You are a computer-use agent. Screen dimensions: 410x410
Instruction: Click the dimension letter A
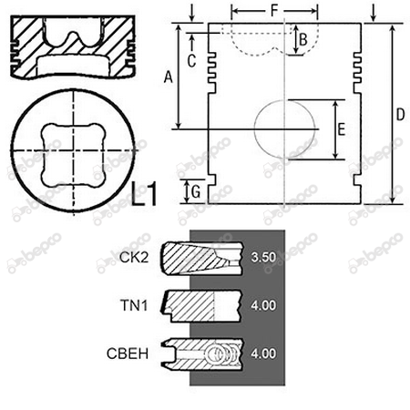pyautogui.click(x=168, y=77)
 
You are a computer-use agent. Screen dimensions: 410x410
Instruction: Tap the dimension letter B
pyautogui.click(x=303, y=39)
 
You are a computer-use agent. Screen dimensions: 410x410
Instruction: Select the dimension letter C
pyautogui.click(x=191, y=61)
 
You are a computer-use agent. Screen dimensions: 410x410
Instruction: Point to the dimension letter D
pyautogui.click(x=400, y=115)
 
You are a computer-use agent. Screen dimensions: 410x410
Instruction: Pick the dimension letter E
pyautogui.click(x=342, y=129)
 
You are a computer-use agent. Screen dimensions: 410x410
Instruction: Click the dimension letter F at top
pyautogui.click(x=274, y=11)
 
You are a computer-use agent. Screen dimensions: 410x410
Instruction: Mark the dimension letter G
pyautogui.click(x=196, y=192)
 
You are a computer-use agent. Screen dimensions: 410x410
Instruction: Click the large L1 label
pyautogui.click(x=145, y=193)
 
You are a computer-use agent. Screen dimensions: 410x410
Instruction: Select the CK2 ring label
pyautogui.click(x=134, y=258)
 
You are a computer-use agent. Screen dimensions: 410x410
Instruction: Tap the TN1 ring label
pyautogui.click(x=135, y=305)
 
